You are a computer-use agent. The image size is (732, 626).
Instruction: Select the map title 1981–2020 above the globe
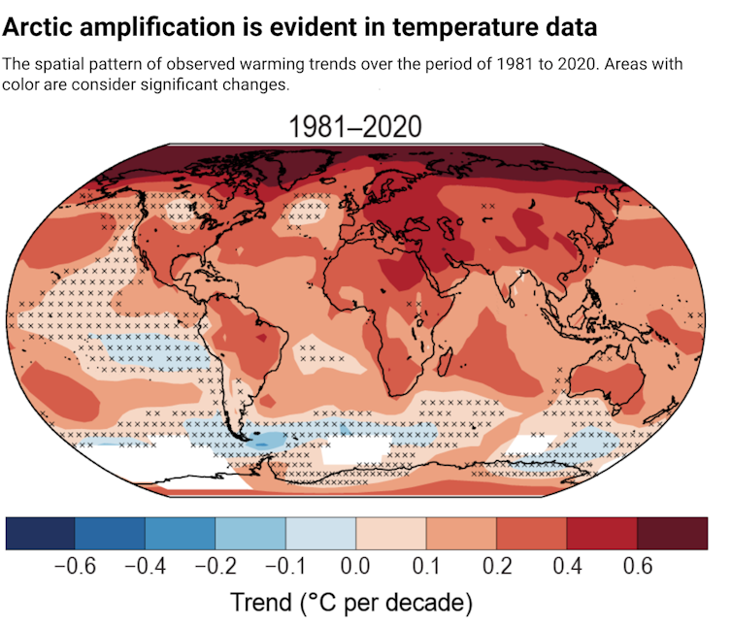(355, 127)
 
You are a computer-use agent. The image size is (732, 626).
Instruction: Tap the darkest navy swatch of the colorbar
(41, 532)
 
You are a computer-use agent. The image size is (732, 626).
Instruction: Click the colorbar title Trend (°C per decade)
(351, 603)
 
